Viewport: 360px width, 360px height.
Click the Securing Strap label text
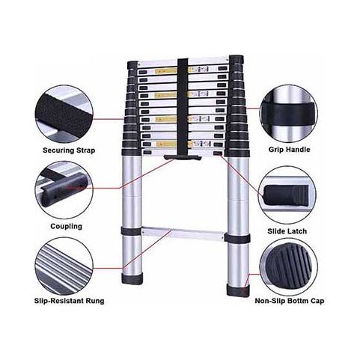pyautogui.click(x=69, y=150)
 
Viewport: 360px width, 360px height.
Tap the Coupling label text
pyautogui.click(x=66, y=226)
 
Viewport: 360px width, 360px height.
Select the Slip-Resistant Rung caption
pyautogui.click(x=69, y=301)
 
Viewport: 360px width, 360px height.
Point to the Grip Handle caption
pyautogui.click(x=289, y=150)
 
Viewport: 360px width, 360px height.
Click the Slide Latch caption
pyautogui.click(x=287, y=231)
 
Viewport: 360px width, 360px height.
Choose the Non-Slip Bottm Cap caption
pyautogui.click(x=290, y=301)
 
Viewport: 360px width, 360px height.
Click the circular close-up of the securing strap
pyautogui.click(x=64, y=115)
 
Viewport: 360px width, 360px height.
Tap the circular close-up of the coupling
pyautogui.click(x=64, y=190)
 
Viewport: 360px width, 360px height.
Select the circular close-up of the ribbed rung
pyautogui.click(x=64, y=266)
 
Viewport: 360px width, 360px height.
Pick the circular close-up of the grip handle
pyautogui.click(x=289, y=114)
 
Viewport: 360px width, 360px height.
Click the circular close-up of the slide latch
pyautogui.click(x=287, y=195)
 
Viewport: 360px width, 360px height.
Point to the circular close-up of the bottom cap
pyautogui.click(x=289, y=267)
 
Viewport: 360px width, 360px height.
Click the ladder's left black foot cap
pyautogui.click(x=132, y=278)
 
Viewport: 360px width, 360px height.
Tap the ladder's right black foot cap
pyautogui.click(x=238, y=290)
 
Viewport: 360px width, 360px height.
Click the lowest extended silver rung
pyautogui.click(x=183, y=233)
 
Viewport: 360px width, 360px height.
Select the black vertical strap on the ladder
pyautogui.click(x=183, y=106)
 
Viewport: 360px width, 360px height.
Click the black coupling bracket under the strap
pyautogui.click(x=183, y=157)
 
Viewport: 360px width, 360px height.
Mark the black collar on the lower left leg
pyautogui.click(x=131, y=231)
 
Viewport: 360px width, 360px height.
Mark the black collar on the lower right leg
pyautogui.click(x=237, y=238)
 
